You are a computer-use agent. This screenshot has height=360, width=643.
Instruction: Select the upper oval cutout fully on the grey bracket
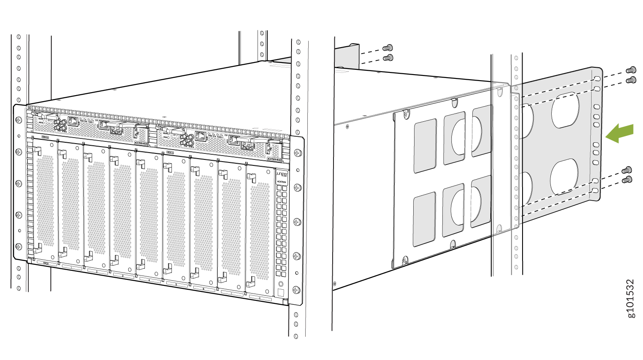click(x=565, y=110)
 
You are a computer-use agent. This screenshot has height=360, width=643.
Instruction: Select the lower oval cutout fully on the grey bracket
click(x=564, y=177)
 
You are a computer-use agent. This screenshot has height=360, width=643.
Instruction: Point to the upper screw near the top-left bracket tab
click(x=388, y=48)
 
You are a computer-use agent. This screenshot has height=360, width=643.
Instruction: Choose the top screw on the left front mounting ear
click(x=19, y=121)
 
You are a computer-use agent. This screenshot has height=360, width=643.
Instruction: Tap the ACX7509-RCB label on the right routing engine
click(x=273, y=159)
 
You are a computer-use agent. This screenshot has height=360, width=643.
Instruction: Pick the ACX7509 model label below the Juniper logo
click(x=281, y=182)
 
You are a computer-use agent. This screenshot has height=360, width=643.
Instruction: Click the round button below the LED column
click(x=281, y=284)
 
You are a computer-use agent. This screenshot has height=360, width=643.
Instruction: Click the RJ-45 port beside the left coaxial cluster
click(x=73, y=121)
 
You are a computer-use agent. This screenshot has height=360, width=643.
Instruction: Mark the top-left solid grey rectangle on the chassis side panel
click(x=425, y=146)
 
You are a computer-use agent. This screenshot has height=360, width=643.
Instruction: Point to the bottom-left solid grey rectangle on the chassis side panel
click(x=424, y=219)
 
